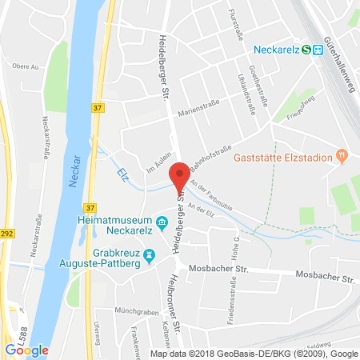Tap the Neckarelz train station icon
click(x=318, y=49)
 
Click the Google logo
click(x=26, y=350)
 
